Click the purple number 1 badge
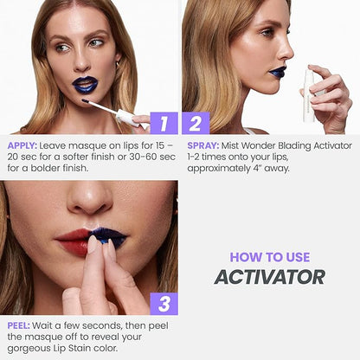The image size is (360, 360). click(164, 123)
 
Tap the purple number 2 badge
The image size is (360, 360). click(196, 123)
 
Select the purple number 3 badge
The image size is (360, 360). click(164, 304)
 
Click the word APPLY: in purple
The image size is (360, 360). click(22, 146)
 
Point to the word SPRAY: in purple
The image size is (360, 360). click(203, 145)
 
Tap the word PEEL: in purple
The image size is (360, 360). click(19, 325)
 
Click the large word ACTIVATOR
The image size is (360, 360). click(270, 277)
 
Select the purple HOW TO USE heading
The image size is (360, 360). click(270, 257)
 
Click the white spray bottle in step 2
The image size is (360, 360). click(309, 95)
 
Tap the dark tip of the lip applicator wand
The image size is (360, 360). click(85, 101)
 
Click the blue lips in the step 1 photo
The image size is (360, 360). click(85, 84)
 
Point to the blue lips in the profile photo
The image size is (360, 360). click(277, 72)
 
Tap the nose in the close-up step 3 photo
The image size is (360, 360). click(90, 198)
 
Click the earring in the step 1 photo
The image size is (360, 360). click(118, 65)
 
